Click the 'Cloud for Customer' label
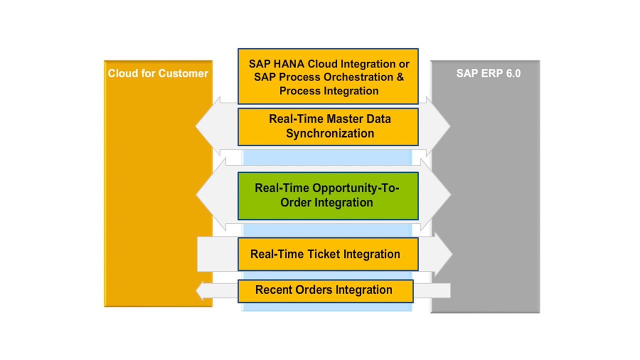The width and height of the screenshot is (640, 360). (158, 73)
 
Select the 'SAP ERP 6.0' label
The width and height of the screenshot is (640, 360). (488, 73)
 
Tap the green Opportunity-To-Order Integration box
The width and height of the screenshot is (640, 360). (327, 195)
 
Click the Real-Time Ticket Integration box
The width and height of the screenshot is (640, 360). (327, 254)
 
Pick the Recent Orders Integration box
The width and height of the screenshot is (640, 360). (325, 290)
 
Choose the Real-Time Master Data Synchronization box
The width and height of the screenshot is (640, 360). (327, 126)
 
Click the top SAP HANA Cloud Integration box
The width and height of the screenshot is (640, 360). (327, 76)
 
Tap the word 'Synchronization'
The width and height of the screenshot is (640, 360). (330, 133)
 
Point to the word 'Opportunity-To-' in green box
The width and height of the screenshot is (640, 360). (327, 188)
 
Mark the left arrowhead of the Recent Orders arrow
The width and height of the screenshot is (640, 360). (201, 290)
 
